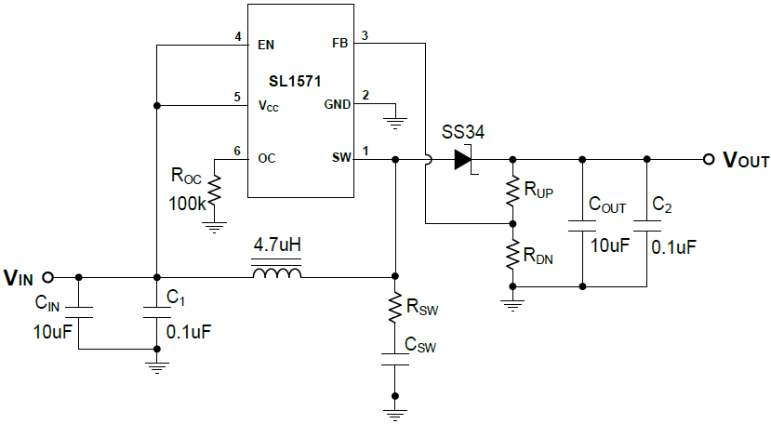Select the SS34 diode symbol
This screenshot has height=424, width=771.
(463, 159)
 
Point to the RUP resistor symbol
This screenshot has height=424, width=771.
(512, 191)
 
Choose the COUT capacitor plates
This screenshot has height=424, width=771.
(581, 224)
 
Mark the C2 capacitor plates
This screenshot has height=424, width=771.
(645, 224)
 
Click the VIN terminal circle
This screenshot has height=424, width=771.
(48, 276)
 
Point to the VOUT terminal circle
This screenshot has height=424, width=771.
(708, 159)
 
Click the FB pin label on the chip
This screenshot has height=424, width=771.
(340, 44)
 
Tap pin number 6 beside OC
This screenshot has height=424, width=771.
(237, 152)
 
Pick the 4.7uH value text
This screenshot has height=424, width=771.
(277, 247)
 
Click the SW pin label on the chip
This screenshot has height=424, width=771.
(341, 158)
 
